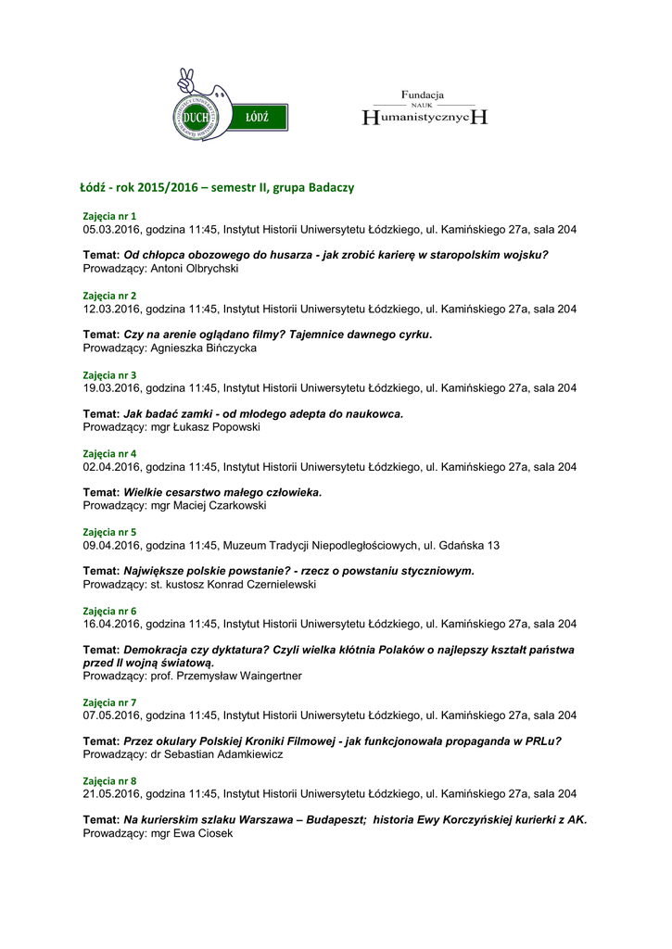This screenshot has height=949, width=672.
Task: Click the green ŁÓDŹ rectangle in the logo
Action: coord(258,118)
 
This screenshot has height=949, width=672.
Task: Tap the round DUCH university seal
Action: coord(196,117)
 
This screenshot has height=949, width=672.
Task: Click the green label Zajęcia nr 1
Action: coord(109,216)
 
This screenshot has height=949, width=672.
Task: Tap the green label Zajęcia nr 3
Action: coord(109,375)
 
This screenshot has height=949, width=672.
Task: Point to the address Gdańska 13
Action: coord(468,546)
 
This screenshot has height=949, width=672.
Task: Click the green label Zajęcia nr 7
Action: coord(109,702)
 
